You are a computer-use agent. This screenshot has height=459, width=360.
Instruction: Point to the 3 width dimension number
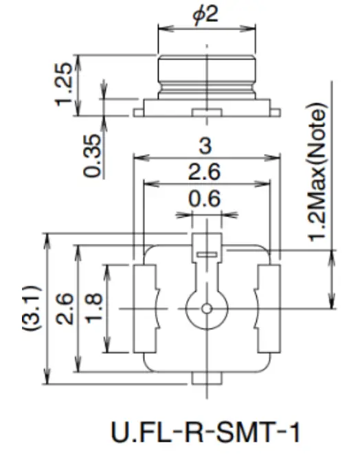pos(205,146)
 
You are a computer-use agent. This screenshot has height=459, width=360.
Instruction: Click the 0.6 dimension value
pos(205,199)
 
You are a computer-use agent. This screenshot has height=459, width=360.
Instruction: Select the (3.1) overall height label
pos(32,309)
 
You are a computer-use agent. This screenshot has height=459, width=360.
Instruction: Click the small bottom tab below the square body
pos(206,378)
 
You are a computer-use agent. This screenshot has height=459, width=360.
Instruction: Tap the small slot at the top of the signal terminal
pos(206,255)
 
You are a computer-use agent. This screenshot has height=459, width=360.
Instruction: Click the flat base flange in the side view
pos(206,106)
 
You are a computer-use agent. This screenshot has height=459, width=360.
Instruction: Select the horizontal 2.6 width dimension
pos(205,172)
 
